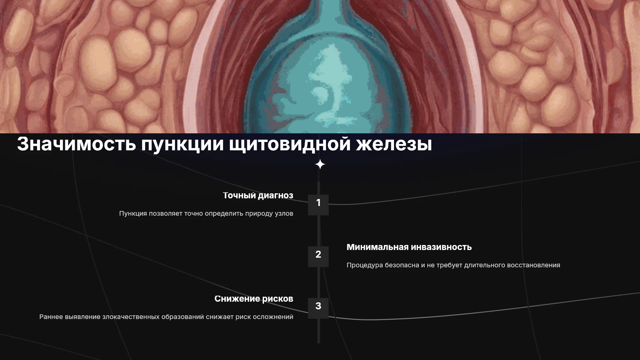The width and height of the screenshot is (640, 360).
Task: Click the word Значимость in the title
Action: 76,144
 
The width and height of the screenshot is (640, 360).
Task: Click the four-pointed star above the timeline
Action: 320,164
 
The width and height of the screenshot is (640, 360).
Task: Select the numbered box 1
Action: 318,205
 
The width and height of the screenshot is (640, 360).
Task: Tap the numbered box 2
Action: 318,256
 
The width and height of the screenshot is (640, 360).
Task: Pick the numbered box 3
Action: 318,308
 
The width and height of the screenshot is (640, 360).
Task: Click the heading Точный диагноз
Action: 258,196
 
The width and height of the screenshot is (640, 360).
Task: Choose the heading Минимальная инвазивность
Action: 409,247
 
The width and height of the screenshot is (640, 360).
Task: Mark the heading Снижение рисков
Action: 254,299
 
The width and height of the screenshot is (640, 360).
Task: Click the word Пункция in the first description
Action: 133,214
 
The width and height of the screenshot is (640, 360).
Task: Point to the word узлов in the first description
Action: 284,214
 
